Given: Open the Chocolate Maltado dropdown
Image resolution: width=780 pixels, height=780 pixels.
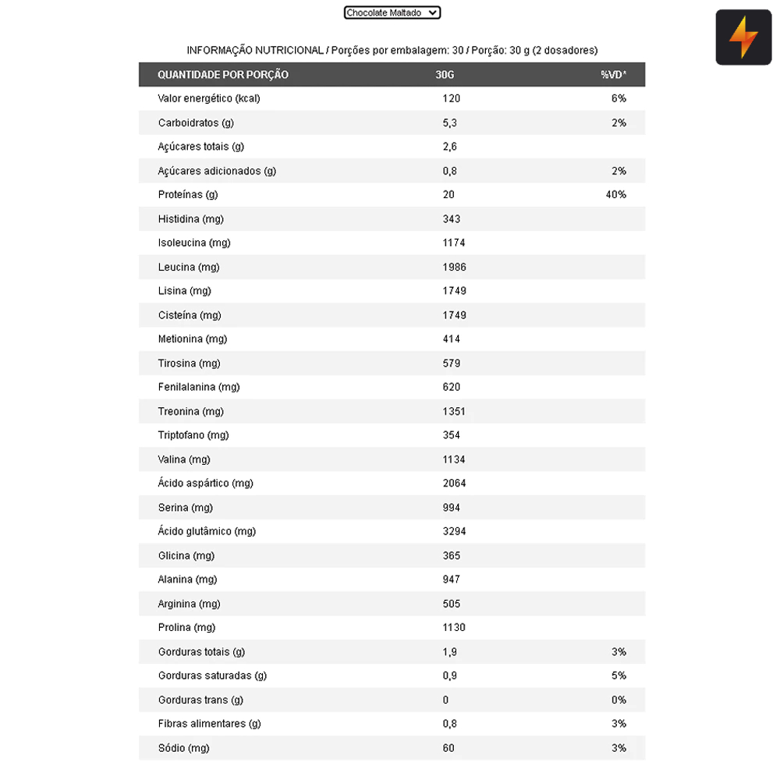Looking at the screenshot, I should pyautogui.click(x=392, y=12).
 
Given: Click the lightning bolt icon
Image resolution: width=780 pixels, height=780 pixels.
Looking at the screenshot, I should pyautogui.click(x=743, y=37).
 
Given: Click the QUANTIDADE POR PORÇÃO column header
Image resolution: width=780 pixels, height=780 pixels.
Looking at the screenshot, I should pyautogui.click(x=223, y=75).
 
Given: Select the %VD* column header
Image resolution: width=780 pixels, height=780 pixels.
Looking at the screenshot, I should pyautogui.click(x=613, y=75).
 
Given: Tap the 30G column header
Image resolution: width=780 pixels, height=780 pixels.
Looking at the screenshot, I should pyautogui.click(x=445, y=75).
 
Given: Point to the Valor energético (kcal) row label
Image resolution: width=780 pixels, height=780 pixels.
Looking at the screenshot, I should pyautogui.click(x=209, y=98).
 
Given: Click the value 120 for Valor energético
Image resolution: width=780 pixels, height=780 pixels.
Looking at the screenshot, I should pyautogui.click(x=452, y=98).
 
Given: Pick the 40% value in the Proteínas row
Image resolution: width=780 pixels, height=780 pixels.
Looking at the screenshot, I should pyautogui.click(x=615, y=194).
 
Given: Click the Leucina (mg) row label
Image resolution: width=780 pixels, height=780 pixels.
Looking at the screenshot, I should pyautogui.click(x=189, y=267).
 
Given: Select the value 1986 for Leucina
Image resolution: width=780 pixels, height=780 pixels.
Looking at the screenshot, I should pyautogui.click(x=454, y=267).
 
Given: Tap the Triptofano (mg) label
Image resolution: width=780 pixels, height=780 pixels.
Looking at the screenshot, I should pyautogui.click(x=193, y=435).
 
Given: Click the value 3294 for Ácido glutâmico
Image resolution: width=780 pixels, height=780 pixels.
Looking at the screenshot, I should pyautogui.click(x=454, y=531).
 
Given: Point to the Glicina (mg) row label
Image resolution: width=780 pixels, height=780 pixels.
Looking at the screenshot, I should pyautogui.click(x=186, y=555).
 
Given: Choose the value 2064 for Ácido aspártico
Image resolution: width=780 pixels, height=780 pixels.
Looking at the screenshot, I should pyautogui.click(x=454, y=483).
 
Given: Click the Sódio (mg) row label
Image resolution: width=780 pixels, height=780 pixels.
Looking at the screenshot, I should pyautogui.click(x=184, y=748).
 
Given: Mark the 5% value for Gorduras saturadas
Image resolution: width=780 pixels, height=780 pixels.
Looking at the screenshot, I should pyautogui.click(x=619, y=675).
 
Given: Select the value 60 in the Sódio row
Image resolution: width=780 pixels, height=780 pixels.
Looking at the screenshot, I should pyautogui.click(x=448, y=748).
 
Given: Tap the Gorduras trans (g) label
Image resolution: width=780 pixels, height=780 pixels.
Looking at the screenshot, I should pyautogui.click(x=200, y=700).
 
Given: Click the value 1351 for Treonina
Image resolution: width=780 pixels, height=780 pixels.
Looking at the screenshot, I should pyautogui.click(x=454, y=411).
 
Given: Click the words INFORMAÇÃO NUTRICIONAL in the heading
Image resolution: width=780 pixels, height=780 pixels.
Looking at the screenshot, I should pyautogui.click(x=254, y=50).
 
